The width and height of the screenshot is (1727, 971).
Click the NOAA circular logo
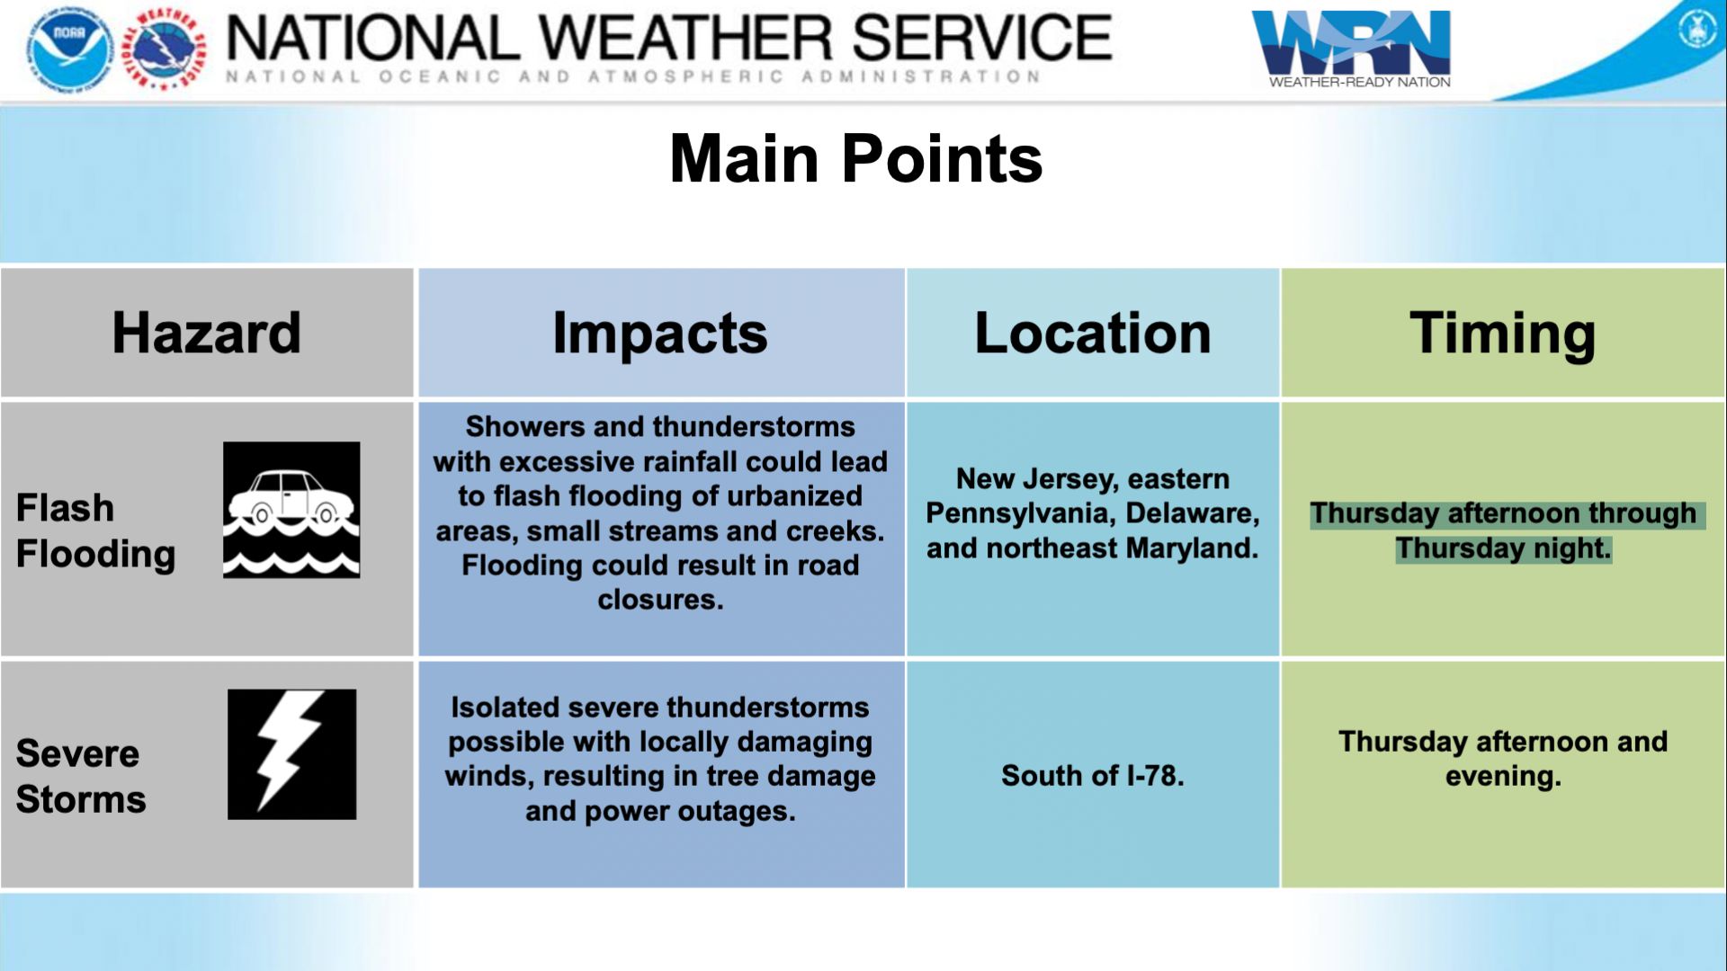click(x=70, y=49)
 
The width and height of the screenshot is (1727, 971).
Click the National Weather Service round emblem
click(x=163, y=49)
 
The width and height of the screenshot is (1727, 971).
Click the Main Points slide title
click(x=855, y=158)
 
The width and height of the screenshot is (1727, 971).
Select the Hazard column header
click(x=206, y=333)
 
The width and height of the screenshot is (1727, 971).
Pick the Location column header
click(x=1093, y=333)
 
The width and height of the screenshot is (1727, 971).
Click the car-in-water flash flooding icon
click(x=291, y=510)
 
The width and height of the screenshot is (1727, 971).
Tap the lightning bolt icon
click(x=291, y=754)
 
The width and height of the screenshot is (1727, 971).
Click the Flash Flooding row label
click(x=95, y=530)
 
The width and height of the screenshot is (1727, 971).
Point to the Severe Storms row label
click(x=81, y=776)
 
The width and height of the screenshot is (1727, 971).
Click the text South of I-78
click(x=1093, y=775)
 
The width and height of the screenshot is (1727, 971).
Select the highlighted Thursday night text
click(x=1504, y=548)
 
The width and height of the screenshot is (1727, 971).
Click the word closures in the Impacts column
click(x=660, y=599)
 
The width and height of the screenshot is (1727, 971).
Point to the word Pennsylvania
click(x=1016, y=513)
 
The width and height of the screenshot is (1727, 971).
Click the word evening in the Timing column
click(x=1503, y=776)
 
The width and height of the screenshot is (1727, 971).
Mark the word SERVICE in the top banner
click(x=981, y=38)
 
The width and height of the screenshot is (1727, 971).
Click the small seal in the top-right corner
click(x=1697, y=30)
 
